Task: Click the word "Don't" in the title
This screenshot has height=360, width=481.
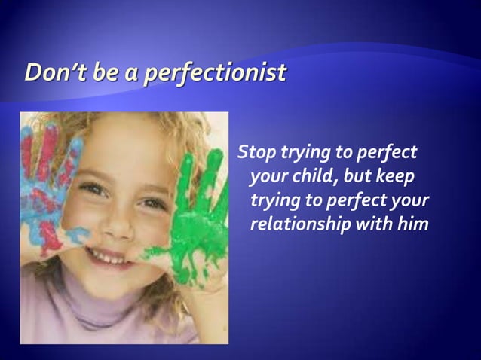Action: [51, 73]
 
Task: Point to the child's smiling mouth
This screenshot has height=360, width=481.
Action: [113, 256]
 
